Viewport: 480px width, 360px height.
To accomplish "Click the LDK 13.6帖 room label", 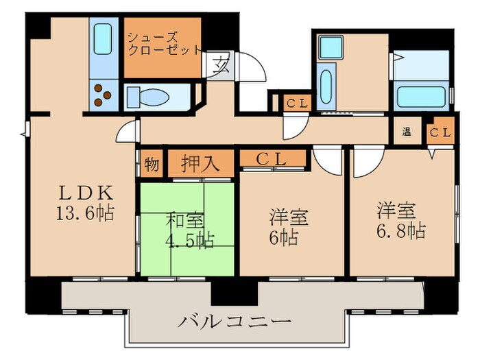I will click(84, 203).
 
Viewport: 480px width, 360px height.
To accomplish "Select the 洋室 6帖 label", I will click(287, 227).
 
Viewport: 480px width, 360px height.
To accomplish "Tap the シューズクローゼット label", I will click(163, 43).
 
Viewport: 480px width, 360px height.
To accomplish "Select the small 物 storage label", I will click(152, 165).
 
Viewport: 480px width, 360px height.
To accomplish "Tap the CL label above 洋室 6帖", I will click(272, 159).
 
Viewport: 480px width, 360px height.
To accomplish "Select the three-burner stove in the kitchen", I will click(104, 95).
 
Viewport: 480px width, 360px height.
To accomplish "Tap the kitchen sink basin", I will click(104, 40).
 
